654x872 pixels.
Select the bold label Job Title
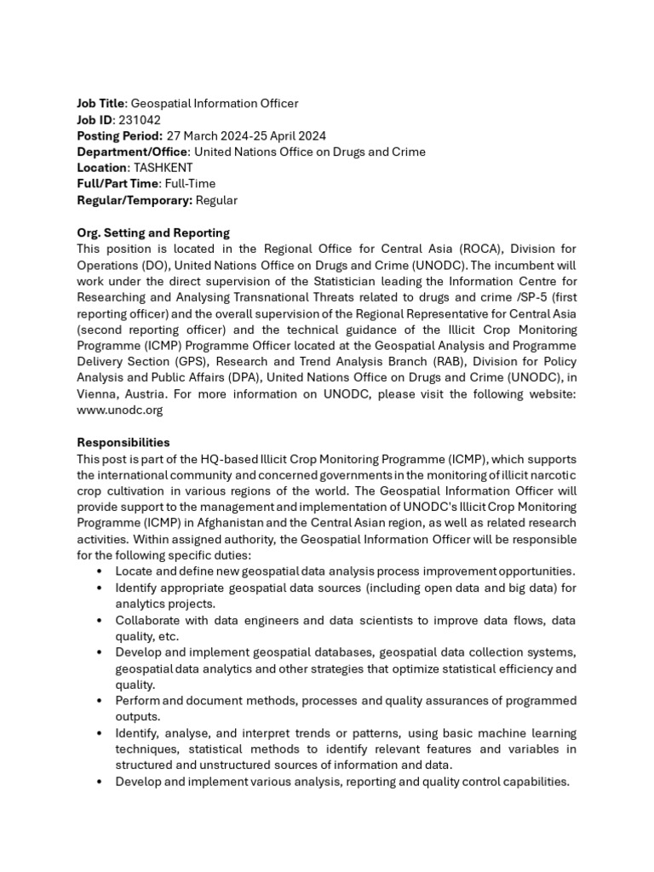[x=100, y=104]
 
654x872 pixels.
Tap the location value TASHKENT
[x=163, y=168]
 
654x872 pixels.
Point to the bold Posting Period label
[x=120, y=136]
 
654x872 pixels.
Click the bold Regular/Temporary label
[x=135, y=200]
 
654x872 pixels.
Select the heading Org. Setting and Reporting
[x=153, y=232]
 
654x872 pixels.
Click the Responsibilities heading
[x=123, y=443]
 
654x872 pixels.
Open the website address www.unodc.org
[x=120, y=410]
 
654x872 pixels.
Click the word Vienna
[x=97, y=394]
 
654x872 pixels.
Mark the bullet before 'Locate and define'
[x=101, y=571]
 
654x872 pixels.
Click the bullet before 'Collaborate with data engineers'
[x=101, y=619]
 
